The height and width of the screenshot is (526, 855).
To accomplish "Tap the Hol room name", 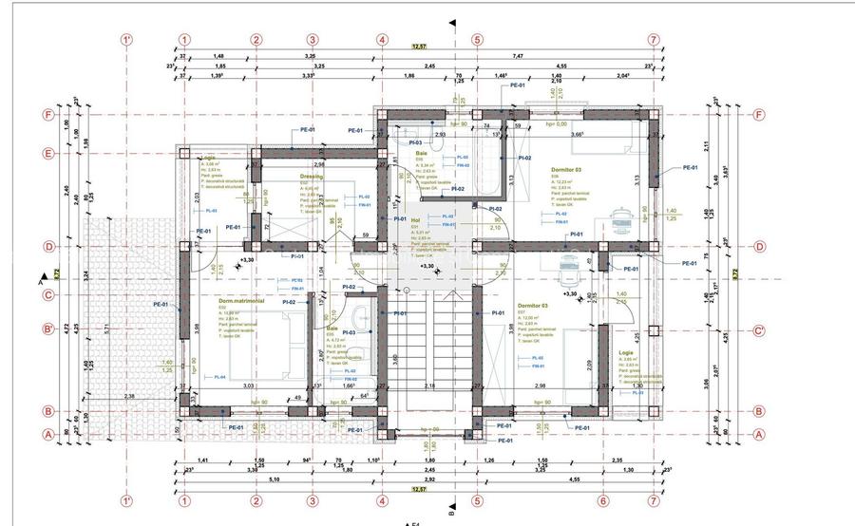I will pyautogui.click(x=414, y=219).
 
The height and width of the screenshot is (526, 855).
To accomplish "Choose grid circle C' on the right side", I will pyautogui.click(x=759, y=330).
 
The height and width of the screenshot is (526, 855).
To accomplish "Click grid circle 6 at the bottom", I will pyautogui.click(x=602, y=500).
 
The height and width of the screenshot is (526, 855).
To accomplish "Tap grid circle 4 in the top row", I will pyautogui.click(x=382, y=40).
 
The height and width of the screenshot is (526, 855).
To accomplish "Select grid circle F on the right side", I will pyautogui.click(x=759, y=115).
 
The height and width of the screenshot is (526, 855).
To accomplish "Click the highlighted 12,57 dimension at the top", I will pyautogui.click(x=419, y=47).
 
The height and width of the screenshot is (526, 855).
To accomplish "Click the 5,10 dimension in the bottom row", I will pyautogui.click(x=248, y=479).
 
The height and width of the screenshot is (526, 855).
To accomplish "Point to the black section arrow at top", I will pyautogui.click(x=453, y=22).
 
